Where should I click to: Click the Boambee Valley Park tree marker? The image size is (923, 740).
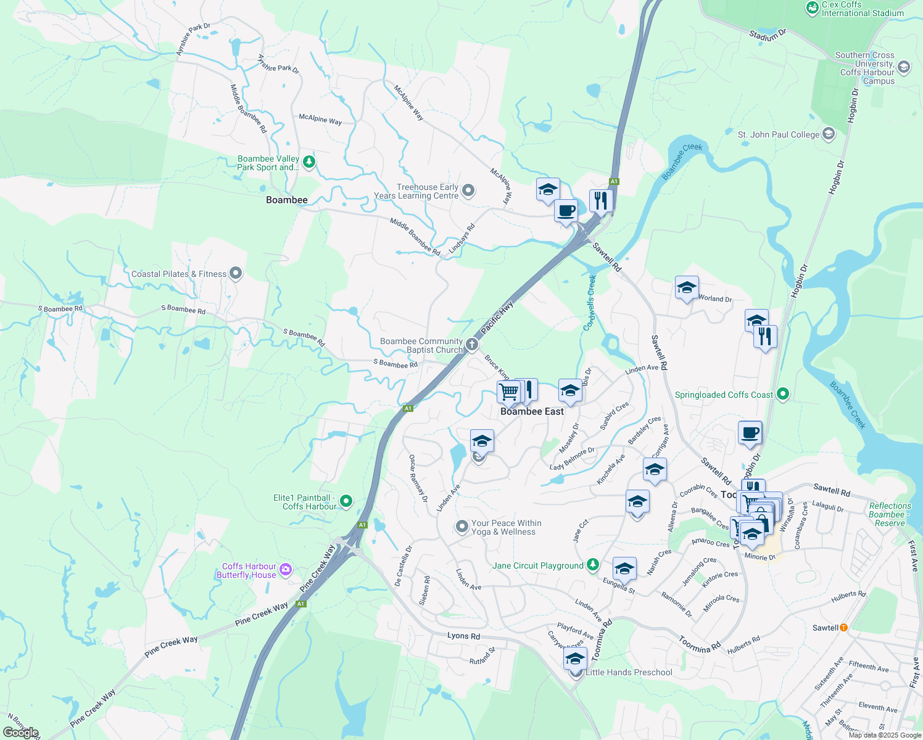[x=309, y=162]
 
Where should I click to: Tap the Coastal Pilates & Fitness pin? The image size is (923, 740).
[x=236, y=273]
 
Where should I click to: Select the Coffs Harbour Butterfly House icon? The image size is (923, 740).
[x=286, y=569]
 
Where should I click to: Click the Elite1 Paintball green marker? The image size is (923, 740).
[x=346, y=501]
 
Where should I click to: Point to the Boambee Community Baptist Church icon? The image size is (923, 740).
[x=472, y=345]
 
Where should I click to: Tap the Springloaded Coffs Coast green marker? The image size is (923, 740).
[x=783, y=393]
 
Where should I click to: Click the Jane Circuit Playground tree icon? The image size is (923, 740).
[x=592, y=564]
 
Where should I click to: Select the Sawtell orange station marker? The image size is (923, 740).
[x=843, y=627]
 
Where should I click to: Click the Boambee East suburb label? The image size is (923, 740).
[x=532, y=411]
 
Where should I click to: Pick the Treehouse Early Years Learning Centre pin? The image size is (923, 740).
[x=468, y=191]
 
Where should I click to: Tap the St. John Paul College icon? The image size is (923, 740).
[x=829, y=134]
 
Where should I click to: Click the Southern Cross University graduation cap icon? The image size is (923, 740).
[x=904, y=67]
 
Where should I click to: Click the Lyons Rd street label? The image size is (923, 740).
[x=463, y=636]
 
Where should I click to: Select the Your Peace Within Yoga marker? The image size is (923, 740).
[x=462, y=527]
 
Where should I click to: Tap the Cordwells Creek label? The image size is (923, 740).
[x=590, y=303]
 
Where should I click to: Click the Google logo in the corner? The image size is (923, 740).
[x=21, y=732]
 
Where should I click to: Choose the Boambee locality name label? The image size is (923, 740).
[x=286, y=200]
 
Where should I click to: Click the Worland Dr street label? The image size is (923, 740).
[x=715, y=298]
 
